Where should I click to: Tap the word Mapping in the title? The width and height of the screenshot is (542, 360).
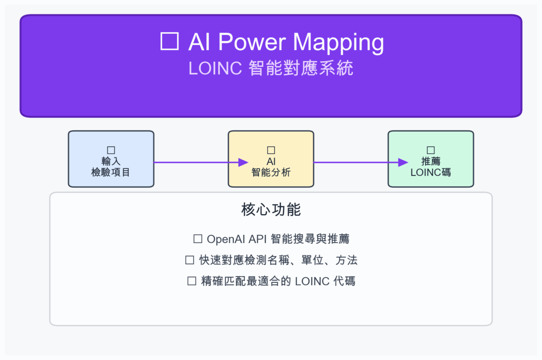(x=339, y=42)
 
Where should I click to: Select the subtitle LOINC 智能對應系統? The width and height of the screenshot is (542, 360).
(x=271, y=68)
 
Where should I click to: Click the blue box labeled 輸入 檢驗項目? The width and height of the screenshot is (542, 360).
(x=111, y=159)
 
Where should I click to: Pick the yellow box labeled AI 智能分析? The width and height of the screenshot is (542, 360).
(x=271, y=159)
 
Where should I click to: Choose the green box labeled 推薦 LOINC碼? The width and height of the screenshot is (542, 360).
(x=431, y=159)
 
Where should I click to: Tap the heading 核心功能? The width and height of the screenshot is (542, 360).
(x=271, y=210)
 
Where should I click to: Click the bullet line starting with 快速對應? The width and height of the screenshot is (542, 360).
(x=271, y=260)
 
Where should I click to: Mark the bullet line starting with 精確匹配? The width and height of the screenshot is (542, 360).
(x=271, y=281)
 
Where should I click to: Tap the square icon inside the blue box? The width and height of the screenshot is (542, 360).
(x=111, y=151)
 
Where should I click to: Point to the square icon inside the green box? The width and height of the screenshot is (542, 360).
(x=431, y=151)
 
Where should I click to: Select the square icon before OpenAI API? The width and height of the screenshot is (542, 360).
(x=198, y=238)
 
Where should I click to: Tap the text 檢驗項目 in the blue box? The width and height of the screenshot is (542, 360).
(x=111, y=172)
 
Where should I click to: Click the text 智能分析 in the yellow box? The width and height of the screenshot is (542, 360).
(x=271, y=172)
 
